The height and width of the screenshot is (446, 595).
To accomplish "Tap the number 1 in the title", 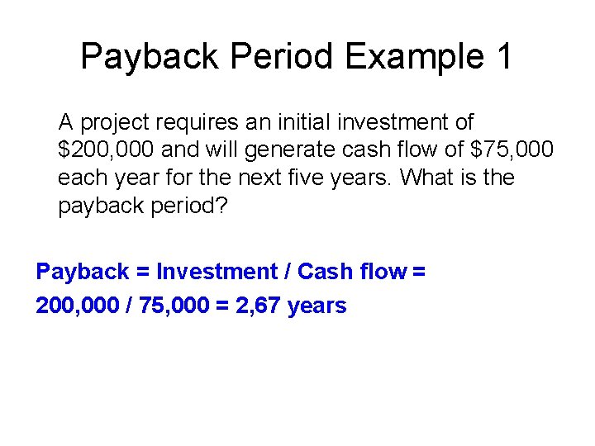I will coord(502,56).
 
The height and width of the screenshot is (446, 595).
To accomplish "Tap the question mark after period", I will coord(221,206).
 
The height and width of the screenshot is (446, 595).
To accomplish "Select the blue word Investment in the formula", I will coord(217,272).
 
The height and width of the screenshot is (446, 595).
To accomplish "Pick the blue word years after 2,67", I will coord(317,306).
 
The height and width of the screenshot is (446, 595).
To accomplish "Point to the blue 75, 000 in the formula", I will coord(169,306).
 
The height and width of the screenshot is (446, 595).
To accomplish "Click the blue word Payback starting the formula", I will coord(83,272).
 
